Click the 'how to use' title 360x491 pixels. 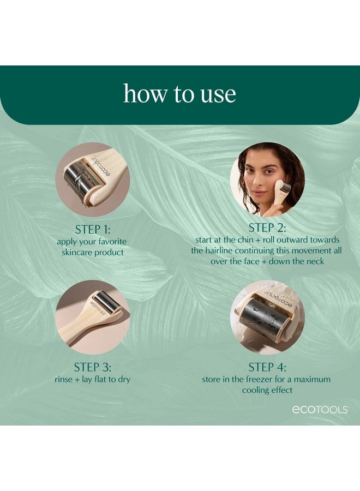(x=179, y=93)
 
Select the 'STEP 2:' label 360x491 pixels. (x=267, y=227)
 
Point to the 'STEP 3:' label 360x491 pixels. (x=92, y=367)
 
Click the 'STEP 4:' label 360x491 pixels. (x=267, y=367)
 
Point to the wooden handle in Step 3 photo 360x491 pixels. (x=74, y=331)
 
